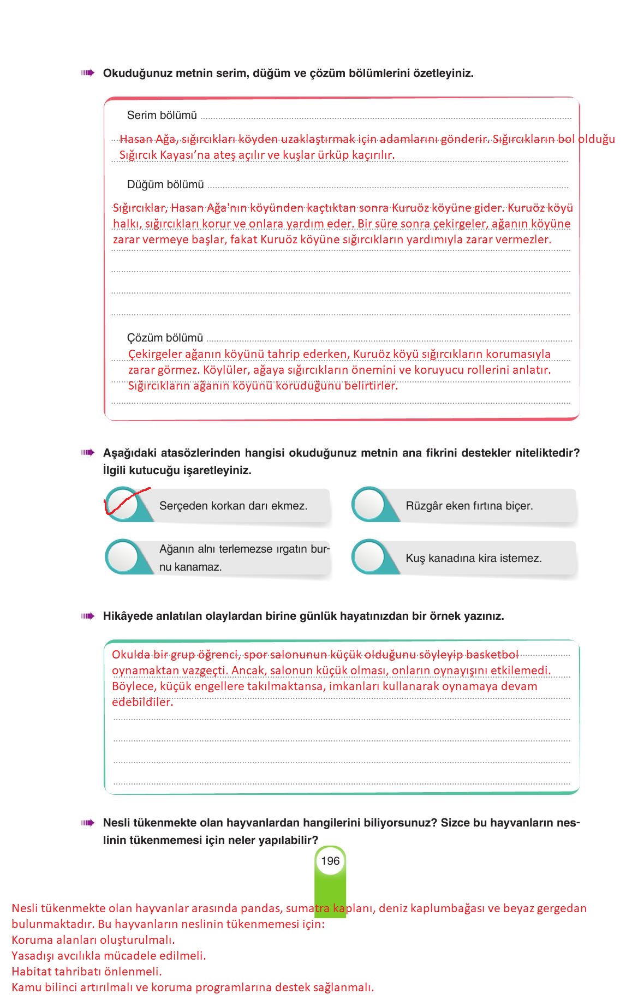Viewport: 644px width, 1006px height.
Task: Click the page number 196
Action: point(330,861)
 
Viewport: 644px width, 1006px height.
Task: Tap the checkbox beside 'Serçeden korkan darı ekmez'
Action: point(122,505)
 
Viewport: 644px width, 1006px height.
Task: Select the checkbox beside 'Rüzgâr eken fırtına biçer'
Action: point(369,505)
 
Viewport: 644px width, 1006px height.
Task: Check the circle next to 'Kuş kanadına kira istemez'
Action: point(369,558)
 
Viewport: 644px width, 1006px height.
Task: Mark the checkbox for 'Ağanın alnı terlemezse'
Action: point(122,558)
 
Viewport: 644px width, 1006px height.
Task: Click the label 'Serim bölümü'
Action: point(162,116)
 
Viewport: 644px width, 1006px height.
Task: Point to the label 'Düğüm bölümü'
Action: point(165,185)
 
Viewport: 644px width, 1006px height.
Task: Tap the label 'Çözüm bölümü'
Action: point(165,338)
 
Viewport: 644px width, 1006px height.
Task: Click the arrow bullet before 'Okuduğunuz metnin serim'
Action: point(87,73)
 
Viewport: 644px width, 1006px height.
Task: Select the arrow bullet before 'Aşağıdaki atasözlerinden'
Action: point(87,453)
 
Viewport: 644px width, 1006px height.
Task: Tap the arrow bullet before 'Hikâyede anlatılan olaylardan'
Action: point(87,616)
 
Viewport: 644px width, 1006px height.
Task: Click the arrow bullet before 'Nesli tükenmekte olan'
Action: point(87,823)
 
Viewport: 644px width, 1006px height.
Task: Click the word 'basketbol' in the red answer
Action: point(492,655)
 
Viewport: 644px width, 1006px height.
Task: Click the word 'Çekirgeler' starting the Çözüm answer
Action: point(155,354)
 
